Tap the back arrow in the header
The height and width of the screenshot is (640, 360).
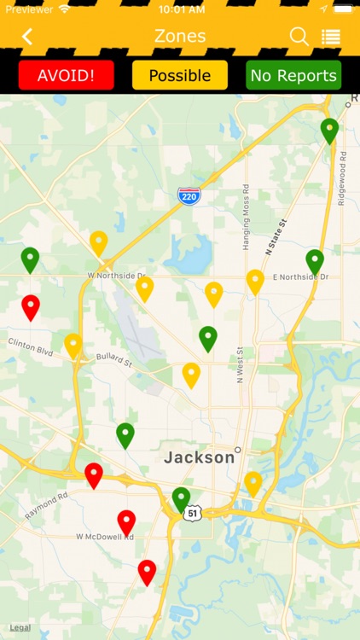27,37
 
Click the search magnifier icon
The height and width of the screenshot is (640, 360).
299,37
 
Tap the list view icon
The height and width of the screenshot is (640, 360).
331,37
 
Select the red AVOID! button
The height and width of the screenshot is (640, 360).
67,75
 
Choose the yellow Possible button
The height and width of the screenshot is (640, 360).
180,75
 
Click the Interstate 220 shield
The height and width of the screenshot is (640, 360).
189,195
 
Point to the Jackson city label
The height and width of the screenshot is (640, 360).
199,457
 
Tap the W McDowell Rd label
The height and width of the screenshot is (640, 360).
106,537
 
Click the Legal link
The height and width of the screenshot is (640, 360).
20,627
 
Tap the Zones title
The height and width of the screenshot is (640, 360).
180,37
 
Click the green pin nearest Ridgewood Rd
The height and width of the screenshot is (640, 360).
329,130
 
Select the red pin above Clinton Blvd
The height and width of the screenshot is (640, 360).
31,305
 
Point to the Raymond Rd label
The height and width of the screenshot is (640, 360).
47,506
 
